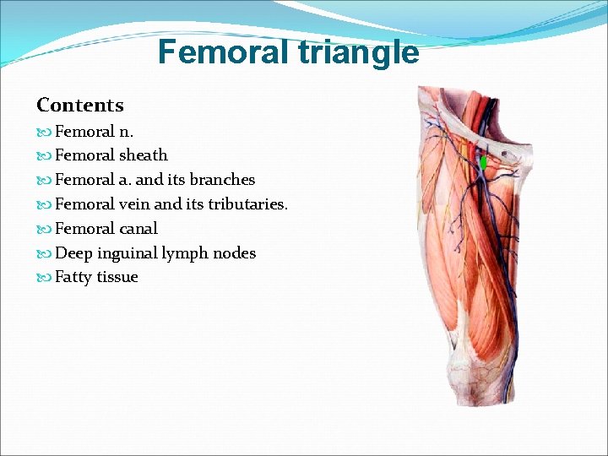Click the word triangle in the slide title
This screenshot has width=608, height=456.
pyautogui.click(x=355, y=52)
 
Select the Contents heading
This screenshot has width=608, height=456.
pyautogui.click(x=80, y=106)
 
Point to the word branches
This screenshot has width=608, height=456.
pyautogui.click(x=222, y=180)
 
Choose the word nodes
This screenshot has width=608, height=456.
pyautogui.click(x=232, y=253)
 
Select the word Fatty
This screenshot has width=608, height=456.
pyautogui.click(x=73, y=278)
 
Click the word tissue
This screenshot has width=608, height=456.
pyautogui.click(x=117, y=278)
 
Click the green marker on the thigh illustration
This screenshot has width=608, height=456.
pyautogui.click(x=482, y=162)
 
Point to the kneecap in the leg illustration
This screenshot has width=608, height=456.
pyautogui.click(x=469, y=359)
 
